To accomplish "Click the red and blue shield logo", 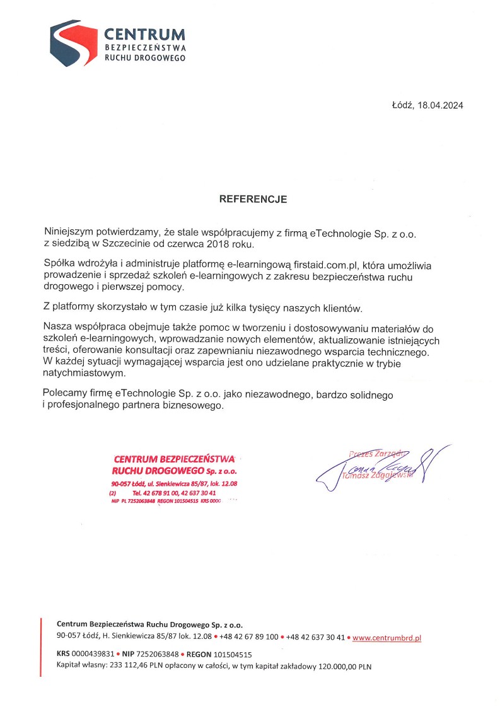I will coord(74,42).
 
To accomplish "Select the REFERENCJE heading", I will coord(253,199).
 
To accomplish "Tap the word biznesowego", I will coord(195,406).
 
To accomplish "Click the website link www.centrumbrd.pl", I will coord(387,638).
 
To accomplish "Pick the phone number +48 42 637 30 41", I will coord(315,638).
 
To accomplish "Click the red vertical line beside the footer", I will coord(41,647).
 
